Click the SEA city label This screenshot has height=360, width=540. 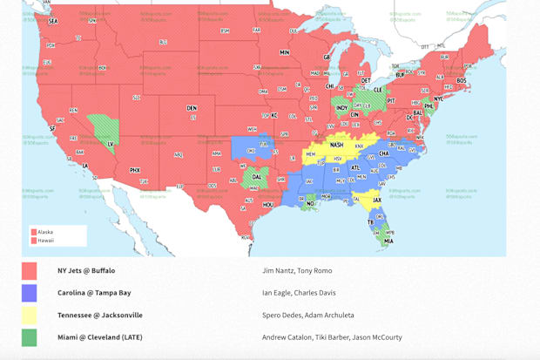(x=53, y=21)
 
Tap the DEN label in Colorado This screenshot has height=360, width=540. (x=192, y=108)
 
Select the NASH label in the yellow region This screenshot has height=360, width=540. (x=336, y=146)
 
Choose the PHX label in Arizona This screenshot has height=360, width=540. (x=135, y=170)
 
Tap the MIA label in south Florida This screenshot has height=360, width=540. (x=388, y=241)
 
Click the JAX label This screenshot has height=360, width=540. (x=377, y=200)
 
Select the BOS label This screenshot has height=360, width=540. (x=462, y=80)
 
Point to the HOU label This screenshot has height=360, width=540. (x=268, y=204)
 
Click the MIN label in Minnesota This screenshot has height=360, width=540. (x=284, y=52)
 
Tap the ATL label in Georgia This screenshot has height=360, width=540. (x=354, y=167)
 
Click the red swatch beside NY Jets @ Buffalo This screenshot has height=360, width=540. (x=30, y=271)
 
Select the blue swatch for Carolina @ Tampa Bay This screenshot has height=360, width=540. (x=30, y=293)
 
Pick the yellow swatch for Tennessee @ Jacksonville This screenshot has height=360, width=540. (x=30, y=315)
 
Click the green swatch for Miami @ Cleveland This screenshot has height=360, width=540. (x=30, y=336)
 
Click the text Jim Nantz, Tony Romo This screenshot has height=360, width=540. (x=298, y=271)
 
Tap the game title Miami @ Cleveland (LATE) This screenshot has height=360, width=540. (x=99, y=336)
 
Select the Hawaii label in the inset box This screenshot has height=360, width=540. (x=45, y=240)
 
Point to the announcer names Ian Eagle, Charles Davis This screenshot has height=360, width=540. (x=299, y=293)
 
